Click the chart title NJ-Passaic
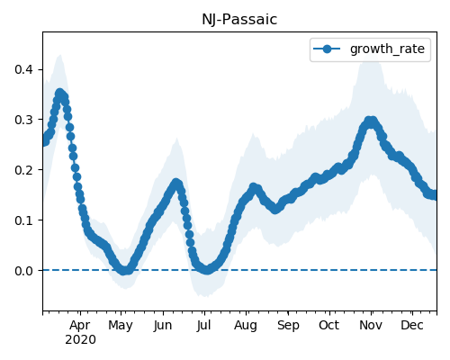[239, 20]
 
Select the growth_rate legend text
[387, 49]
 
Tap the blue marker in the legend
[327, 49]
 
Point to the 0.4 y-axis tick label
[23, 69]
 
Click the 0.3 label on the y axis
[23, 120]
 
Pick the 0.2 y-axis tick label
[23, 170]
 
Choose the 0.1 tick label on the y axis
[23, 220]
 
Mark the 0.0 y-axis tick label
[23, 271]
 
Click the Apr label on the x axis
[80, 326]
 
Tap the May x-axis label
[121, 326]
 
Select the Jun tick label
[163, 326]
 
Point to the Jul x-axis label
[204, 326]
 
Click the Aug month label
[246, 326]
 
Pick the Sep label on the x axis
[288, 326]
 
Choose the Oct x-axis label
[329, 326]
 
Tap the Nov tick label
[371, 326]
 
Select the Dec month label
[412, 326]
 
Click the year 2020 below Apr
[80, 340]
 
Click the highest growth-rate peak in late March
[60, 94]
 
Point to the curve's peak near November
[372, 121]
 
